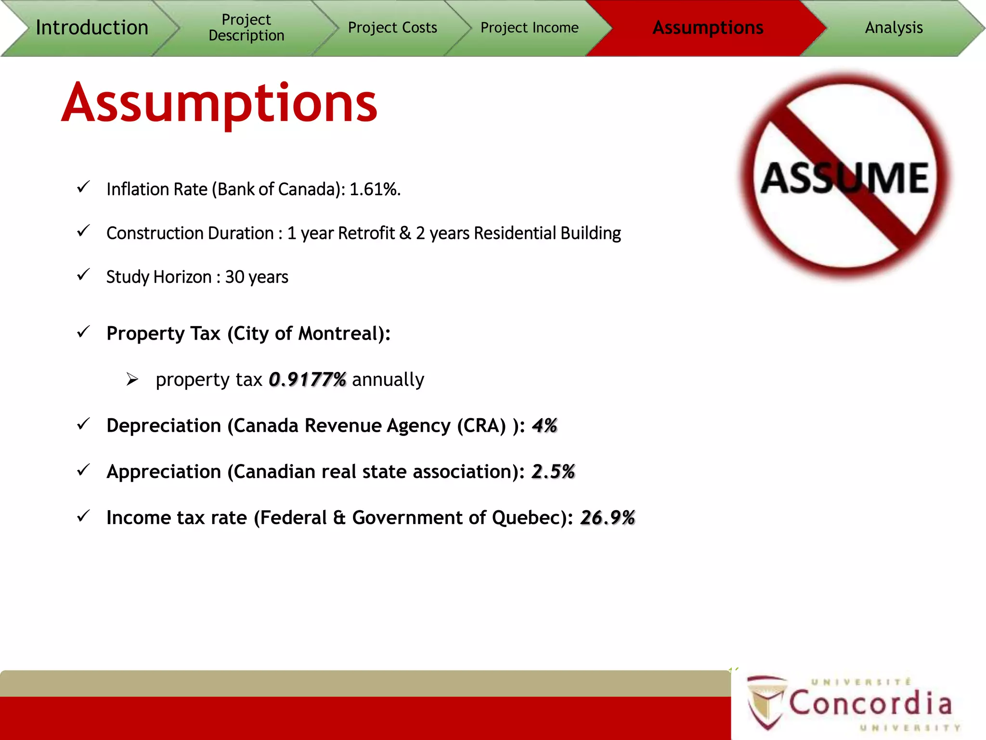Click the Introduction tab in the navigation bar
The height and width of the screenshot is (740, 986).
coord(91,27)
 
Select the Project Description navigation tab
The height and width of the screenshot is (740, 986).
coord(246,27)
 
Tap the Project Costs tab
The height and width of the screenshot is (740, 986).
coord(392,27)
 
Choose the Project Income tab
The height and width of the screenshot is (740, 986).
coord(529,27)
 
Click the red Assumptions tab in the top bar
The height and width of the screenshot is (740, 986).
coord(707,27)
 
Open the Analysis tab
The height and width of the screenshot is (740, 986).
coord(894,27)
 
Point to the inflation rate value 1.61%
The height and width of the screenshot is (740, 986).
coord(375,189)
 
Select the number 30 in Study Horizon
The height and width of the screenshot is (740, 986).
coord(234,277)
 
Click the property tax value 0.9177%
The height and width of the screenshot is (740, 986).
coord(307,380)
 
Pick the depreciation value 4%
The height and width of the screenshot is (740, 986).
coord(545,426)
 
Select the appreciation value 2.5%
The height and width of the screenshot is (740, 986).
coord(553,472)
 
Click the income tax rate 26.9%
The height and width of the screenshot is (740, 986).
coord(608,518)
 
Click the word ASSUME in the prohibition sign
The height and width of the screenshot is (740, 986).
coord(845,178)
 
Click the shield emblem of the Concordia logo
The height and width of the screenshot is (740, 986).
coord(766,701)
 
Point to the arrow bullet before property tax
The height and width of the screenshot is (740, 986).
coord(132,380)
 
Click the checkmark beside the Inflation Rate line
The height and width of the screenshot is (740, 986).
coord(83,187)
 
